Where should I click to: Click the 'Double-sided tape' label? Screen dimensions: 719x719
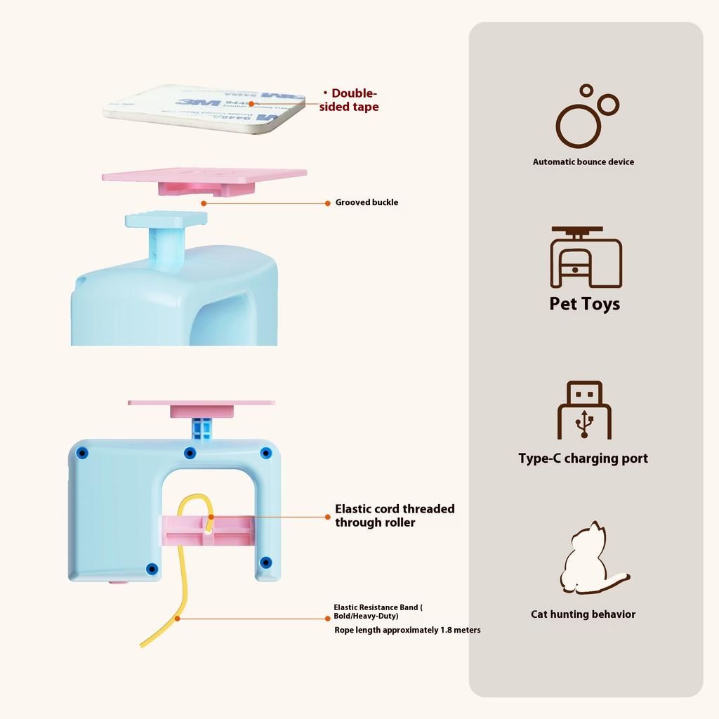pyautogui.click(x=350, y=100)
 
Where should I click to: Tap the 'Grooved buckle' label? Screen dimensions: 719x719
pyautogui.click(x=367, y=202)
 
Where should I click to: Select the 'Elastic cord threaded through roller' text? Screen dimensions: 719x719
pyautogui.click(x=395, y=515)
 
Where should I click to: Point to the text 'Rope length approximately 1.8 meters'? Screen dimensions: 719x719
pyautogui.click(x=407, y=630)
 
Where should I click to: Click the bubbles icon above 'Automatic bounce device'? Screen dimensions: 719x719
pyautogui.click(x=586, y=117)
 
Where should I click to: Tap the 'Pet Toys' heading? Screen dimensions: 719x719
pyautogui.click(x=584, y=304)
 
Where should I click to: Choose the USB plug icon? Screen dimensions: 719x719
pyautogui.click(x=584, y=410)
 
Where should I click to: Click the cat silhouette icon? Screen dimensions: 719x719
pyautogui.click(x=590, y=560)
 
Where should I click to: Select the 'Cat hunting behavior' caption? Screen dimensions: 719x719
pyautogui.click(x=583, y=614)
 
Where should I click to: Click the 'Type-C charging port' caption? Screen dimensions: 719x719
pyautogui.click(x=583, y=459)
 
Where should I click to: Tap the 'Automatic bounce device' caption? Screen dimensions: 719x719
pyautogui.click(x=583, y=161)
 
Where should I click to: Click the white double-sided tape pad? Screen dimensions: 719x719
pyautogui.click(x=204, y=105)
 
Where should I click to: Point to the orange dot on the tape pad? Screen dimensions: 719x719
pyautogui.click(x=251, y=104)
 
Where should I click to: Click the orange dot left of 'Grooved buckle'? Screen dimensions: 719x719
pyautogui.click(x=204, y=203)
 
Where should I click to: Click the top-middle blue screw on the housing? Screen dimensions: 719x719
pyautogui.click(x=190, y=453)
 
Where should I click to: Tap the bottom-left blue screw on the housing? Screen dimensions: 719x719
pyautogui.click(x=152, y=568)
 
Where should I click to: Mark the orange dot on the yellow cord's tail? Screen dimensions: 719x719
pyautogui.click(x=178, y=618)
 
